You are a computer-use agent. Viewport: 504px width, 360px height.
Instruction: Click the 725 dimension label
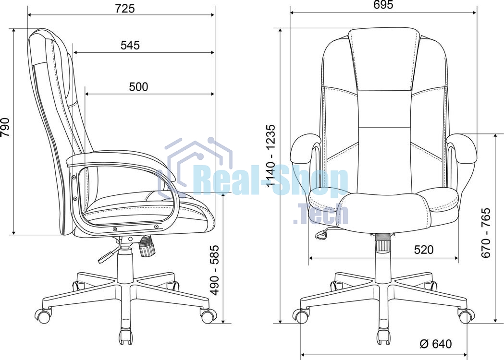125,8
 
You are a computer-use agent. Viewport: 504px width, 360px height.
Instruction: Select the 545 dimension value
130,45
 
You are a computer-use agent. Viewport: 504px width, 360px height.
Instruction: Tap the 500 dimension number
138,87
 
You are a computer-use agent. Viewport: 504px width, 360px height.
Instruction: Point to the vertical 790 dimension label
5,127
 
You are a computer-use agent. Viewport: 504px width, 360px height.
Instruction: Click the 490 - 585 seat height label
214,270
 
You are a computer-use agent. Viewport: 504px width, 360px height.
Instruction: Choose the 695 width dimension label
383,5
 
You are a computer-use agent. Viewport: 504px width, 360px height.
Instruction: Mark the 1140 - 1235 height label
271,156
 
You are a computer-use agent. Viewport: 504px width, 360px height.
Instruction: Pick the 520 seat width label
424,249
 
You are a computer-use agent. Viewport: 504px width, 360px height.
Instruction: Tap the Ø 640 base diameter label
436,344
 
